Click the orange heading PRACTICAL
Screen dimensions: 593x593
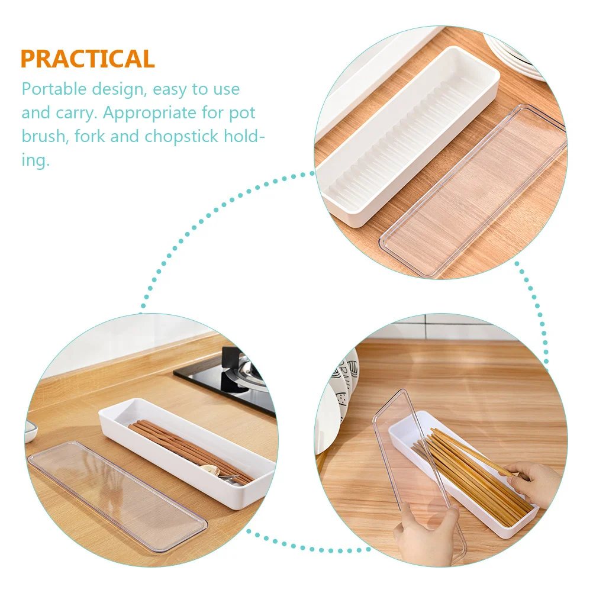88,59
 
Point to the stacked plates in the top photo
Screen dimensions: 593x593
521,53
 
